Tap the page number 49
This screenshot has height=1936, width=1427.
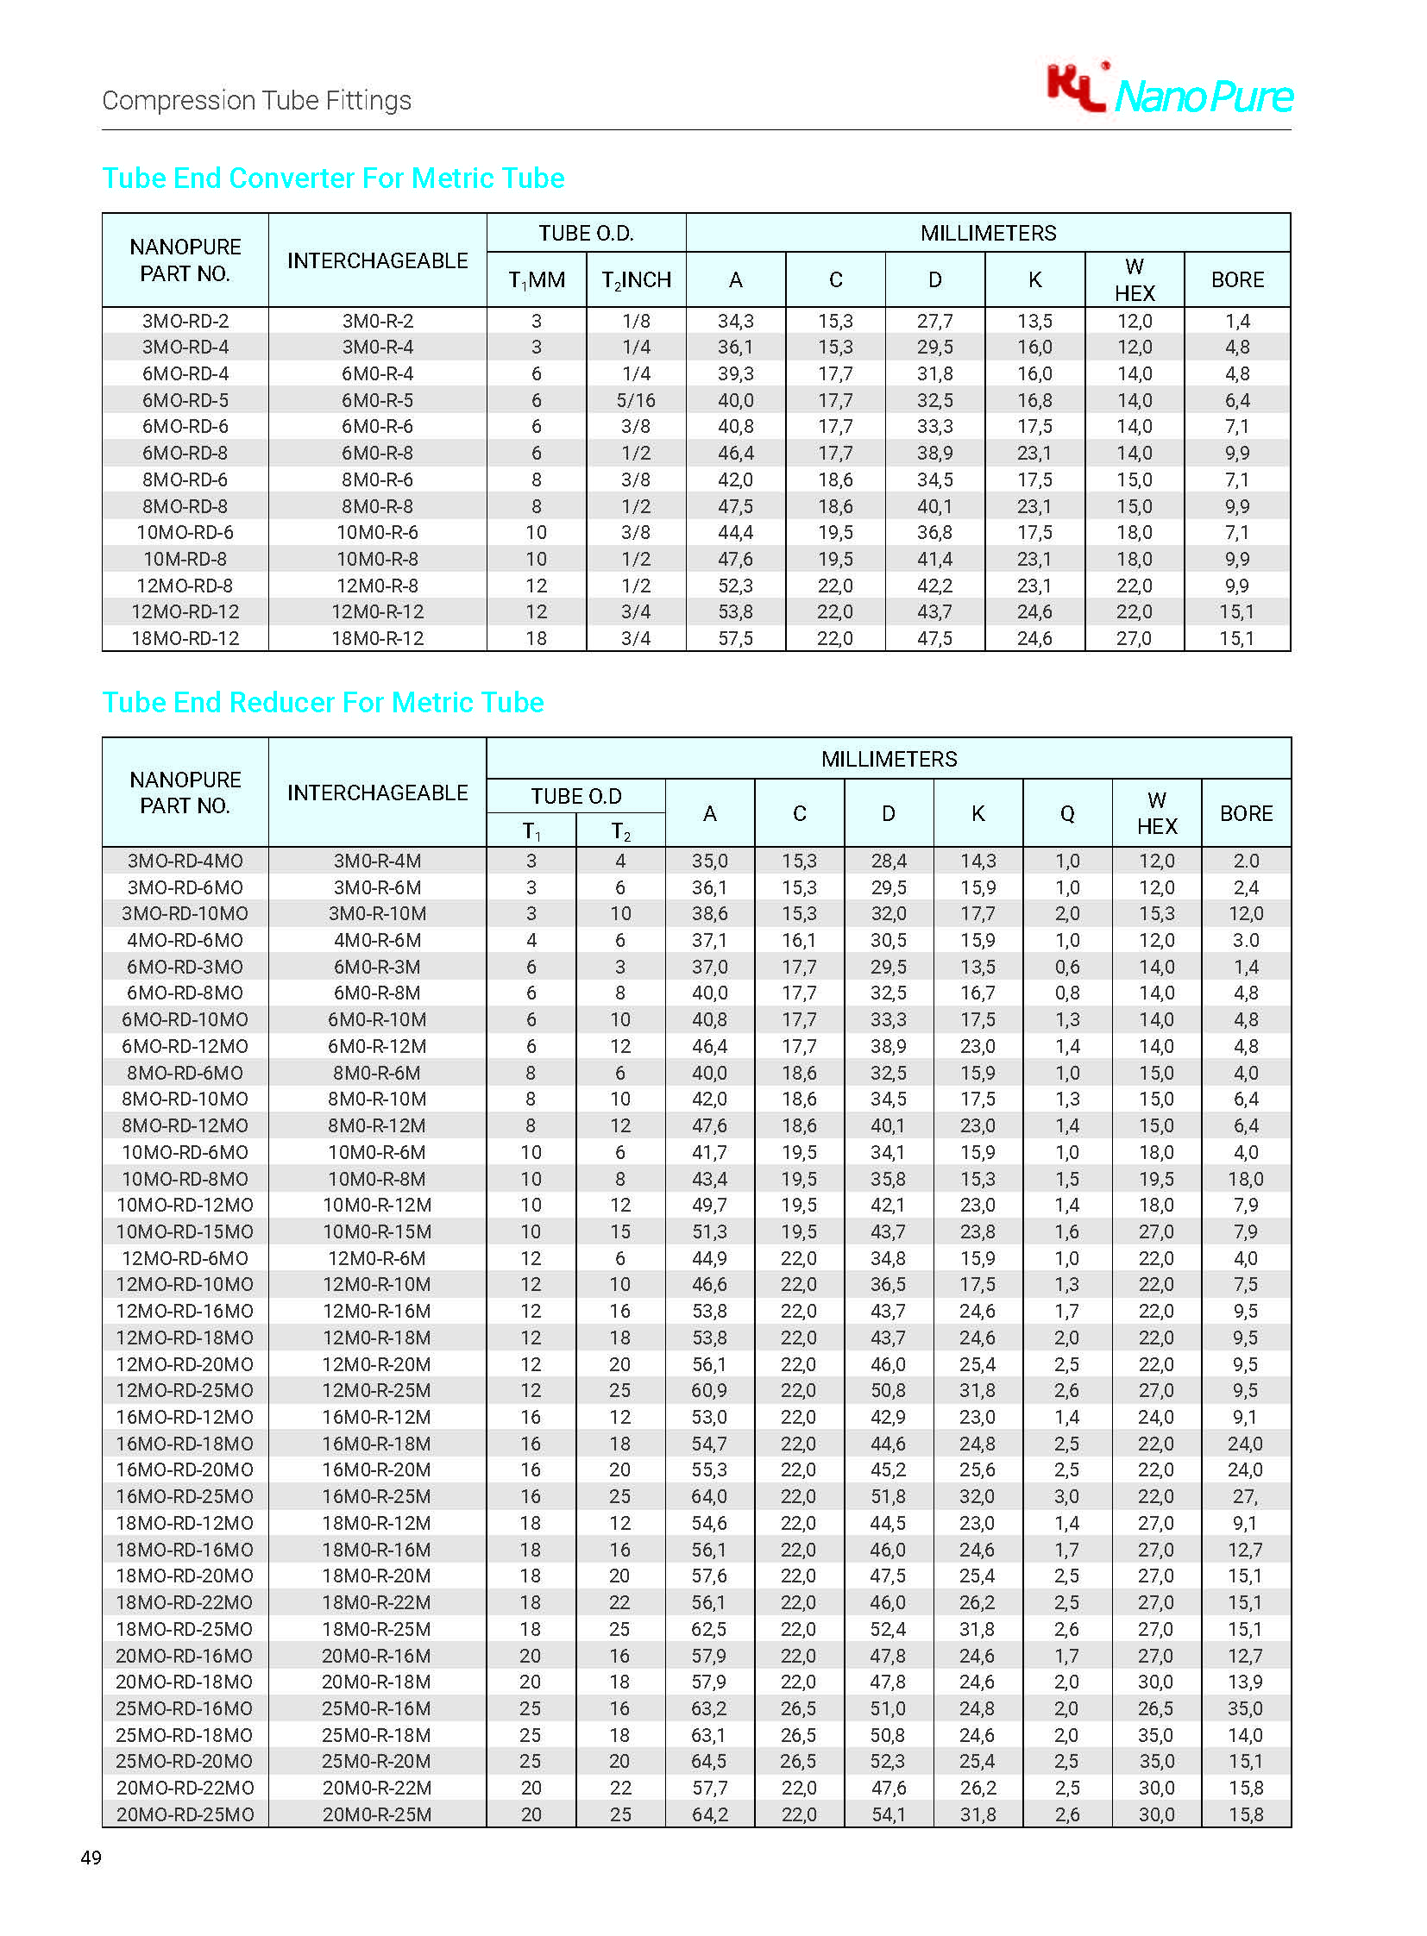pyautogui.click(x=91, y=1858)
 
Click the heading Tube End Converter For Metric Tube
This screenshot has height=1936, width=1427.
pyautogui.click(x=332, y=178)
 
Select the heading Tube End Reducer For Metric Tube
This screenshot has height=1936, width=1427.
pyautogui.click(x=322, y=702)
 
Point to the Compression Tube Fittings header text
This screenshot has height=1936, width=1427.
pyautogui.click(x=256, y=101)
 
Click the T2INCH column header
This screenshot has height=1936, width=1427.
pyautogui.click(x=636, y=279)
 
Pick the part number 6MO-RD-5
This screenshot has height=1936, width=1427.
pyautogui.click(x=185, y=400)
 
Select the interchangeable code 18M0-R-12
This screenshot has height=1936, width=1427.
pyautogui.click(x=378, y=638)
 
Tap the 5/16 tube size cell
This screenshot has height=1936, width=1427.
pyautogui.click(x=636, y=400)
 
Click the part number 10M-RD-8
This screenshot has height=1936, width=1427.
pyautogui.click(x=185, y=559)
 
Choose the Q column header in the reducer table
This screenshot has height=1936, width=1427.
pyautogui.click(x=1066, y=813)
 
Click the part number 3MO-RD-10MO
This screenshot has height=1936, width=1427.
pyautogui.click(x=185, y=913)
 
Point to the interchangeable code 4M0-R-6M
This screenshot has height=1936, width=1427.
pyautogui.click(x=378, y=940)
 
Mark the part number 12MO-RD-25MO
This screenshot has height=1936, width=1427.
pyautogui.click(x=185, y=1390)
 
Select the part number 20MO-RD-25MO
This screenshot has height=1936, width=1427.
pyautogui.click(x=185, y=1814)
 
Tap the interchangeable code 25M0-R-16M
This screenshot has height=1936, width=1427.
pyautogui.click(x=378, y=1708)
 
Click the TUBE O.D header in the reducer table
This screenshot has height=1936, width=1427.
pyautogui.click(x=576, y=796)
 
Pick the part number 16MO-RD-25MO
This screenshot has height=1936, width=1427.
pyautogui.click(x=185, y=1496)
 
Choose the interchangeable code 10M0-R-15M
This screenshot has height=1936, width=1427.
pyautogui.click(x=378, y=1231)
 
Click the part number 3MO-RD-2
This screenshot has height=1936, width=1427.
pyautogui.click(x=185, y=321)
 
